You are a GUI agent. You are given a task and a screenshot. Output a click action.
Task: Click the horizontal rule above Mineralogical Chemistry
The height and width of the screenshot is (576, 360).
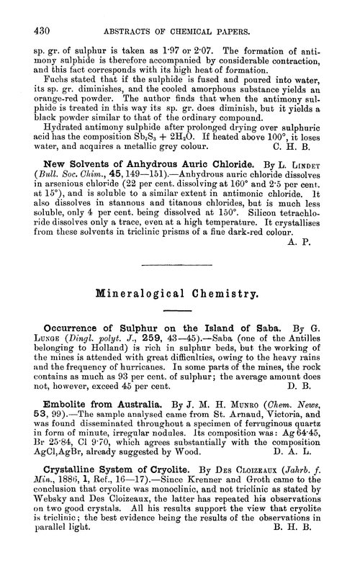(x=180, y=266)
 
